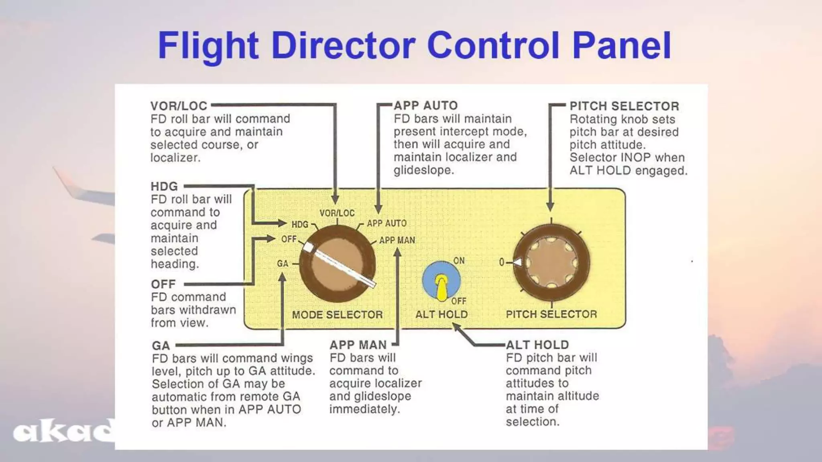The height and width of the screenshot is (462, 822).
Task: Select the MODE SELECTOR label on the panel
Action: (x=337, y=315)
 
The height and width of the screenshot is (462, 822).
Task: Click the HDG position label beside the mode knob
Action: (x=300, y=224)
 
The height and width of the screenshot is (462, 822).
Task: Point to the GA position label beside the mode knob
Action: (x=283, y=263)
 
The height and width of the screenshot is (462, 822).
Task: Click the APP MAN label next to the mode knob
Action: (x=397, y=240)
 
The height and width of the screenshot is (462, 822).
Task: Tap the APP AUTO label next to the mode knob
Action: (x=387, y=223)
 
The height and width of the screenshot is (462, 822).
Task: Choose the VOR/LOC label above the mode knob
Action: (x=337, y=213)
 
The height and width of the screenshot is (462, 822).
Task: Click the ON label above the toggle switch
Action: (x=459, y=261)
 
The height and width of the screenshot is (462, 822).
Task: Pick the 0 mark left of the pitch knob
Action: (x=502, y=262)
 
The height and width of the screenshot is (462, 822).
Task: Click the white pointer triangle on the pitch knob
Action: (x=518, y=262)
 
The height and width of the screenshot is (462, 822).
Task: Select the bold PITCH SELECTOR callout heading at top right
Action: (x=624, y=106)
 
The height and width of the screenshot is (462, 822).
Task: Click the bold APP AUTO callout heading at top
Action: (x=425, y=105)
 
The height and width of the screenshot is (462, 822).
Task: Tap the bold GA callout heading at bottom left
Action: (x=161, y=346)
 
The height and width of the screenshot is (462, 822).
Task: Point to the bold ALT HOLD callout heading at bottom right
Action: (x=537, y=345)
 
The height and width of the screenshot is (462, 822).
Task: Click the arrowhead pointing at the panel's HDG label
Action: (x=282, y=223)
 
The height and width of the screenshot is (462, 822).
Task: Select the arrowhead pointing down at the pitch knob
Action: (x=550, y=206)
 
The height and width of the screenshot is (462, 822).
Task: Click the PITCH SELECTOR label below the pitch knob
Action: (x=551, y=314)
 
